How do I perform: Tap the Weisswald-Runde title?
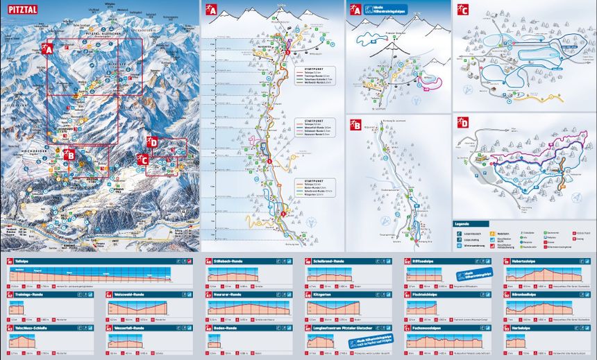pyautogui.click(x=129, y=295)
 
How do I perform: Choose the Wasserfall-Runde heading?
pyautogui.click(x=129, y=328)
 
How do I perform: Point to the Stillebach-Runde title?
pyautogui.click(x=230, y=262)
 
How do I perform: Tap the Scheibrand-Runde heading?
pyautogui.click(x=329, y=262)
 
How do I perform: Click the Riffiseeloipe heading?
pyautogui.click(x=424, y=262)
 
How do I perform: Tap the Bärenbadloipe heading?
pyautogui.click(x=528, y=295)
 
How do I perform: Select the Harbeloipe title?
pyautogui.click(x=523, y=328)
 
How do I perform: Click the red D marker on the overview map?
pyautogui.click(x=153, y=144)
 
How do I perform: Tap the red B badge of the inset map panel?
pyautogui.click(x=355, y=126)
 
